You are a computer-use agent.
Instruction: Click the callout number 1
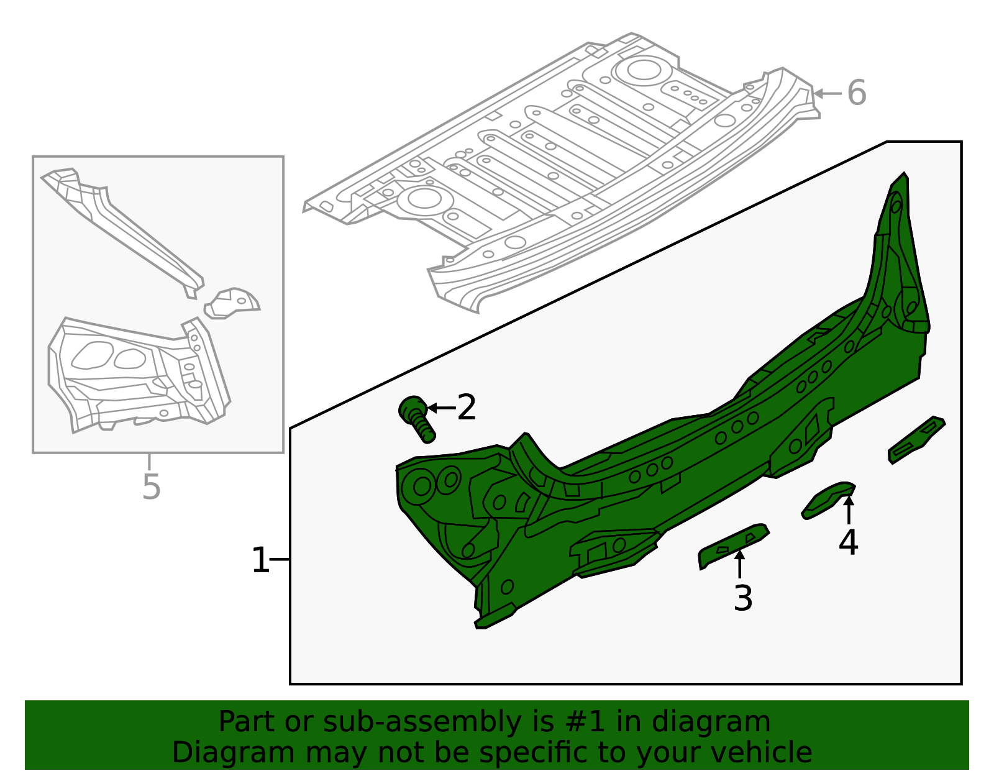click(x=260, y=560)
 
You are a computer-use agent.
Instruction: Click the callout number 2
click(x=467, y=408)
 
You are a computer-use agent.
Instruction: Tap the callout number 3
click(x=743, y=598)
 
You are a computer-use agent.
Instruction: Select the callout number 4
click(x=848, y=542)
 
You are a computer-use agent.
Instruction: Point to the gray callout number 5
click(x=151, y=486)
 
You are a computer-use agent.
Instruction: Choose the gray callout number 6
click(x=857, y=93)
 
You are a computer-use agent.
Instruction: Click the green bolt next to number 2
click(x=417, y=420)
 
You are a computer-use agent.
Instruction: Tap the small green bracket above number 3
click(x=733, y=545)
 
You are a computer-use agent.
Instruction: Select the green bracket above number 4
click(x=828, y=499)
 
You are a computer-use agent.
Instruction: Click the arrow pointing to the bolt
click(x=441, y=408)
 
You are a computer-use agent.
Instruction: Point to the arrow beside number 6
click(x=827, y=94)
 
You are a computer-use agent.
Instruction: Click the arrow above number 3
click(x=739, y=564)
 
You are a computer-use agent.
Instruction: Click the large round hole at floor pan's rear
click(x=644, y=70)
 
